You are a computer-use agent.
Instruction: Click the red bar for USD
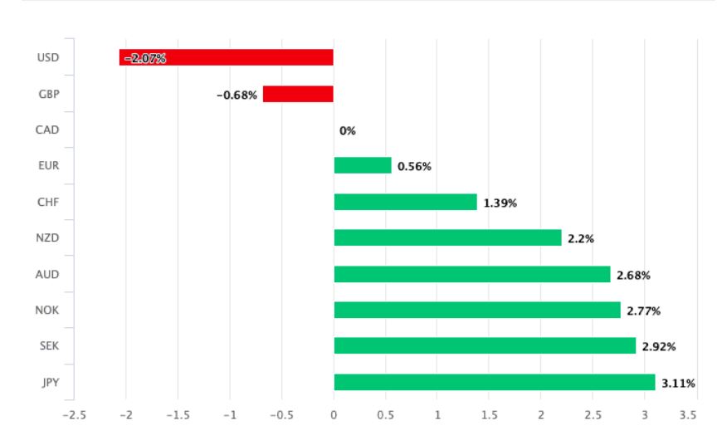[227, 57]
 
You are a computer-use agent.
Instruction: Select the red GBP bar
[298, 94]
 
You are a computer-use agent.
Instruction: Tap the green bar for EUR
[362, 166]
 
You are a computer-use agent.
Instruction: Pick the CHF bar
[405, 202]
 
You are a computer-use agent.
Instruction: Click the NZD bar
[447, 237]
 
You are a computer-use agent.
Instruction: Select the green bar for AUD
[471, 274]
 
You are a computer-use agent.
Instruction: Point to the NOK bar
[476, 310]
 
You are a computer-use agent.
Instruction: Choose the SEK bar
[485, 345]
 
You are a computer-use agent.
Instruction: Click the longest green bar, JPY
[494, 382]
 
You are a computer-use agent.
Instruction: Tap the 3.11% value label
[678, 383]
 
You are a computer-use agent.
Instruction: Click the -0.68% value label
[237, 95]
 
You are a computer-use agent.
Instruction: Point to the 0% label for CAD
[347, 130]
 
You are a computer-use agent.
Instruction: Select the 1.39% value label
[500, 203]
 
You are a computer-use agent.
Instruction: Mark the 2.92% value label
[659, 346]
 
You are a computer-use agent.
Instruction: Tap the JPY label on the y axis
[48, 382]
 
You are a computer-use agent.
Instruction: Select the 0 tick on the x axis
[334, 415]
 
